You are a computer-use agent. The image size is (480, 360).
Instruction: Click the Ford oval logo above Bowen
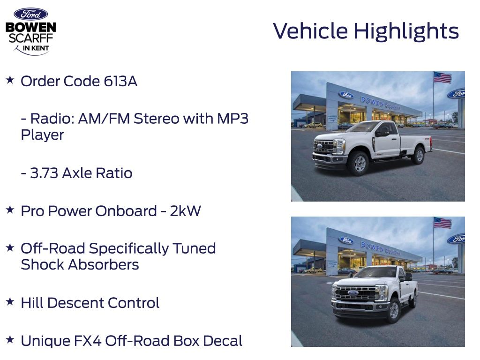point(30,14)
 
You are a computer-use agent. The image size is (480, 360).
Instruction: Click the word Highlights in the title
point(406,31)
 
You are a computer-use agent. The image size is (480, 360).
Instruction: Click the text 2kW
point(185,211)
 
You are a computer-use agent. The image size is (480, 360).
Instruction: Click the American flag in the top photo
point(442,77)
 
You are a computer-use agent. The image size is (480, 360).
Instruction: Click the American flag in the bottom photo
point(442,223)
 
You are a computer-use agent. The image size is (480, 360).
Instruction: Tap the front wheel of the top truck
point(359,163)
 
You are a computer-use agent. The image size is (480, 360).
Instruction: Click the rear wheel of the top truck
point(418,156)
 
